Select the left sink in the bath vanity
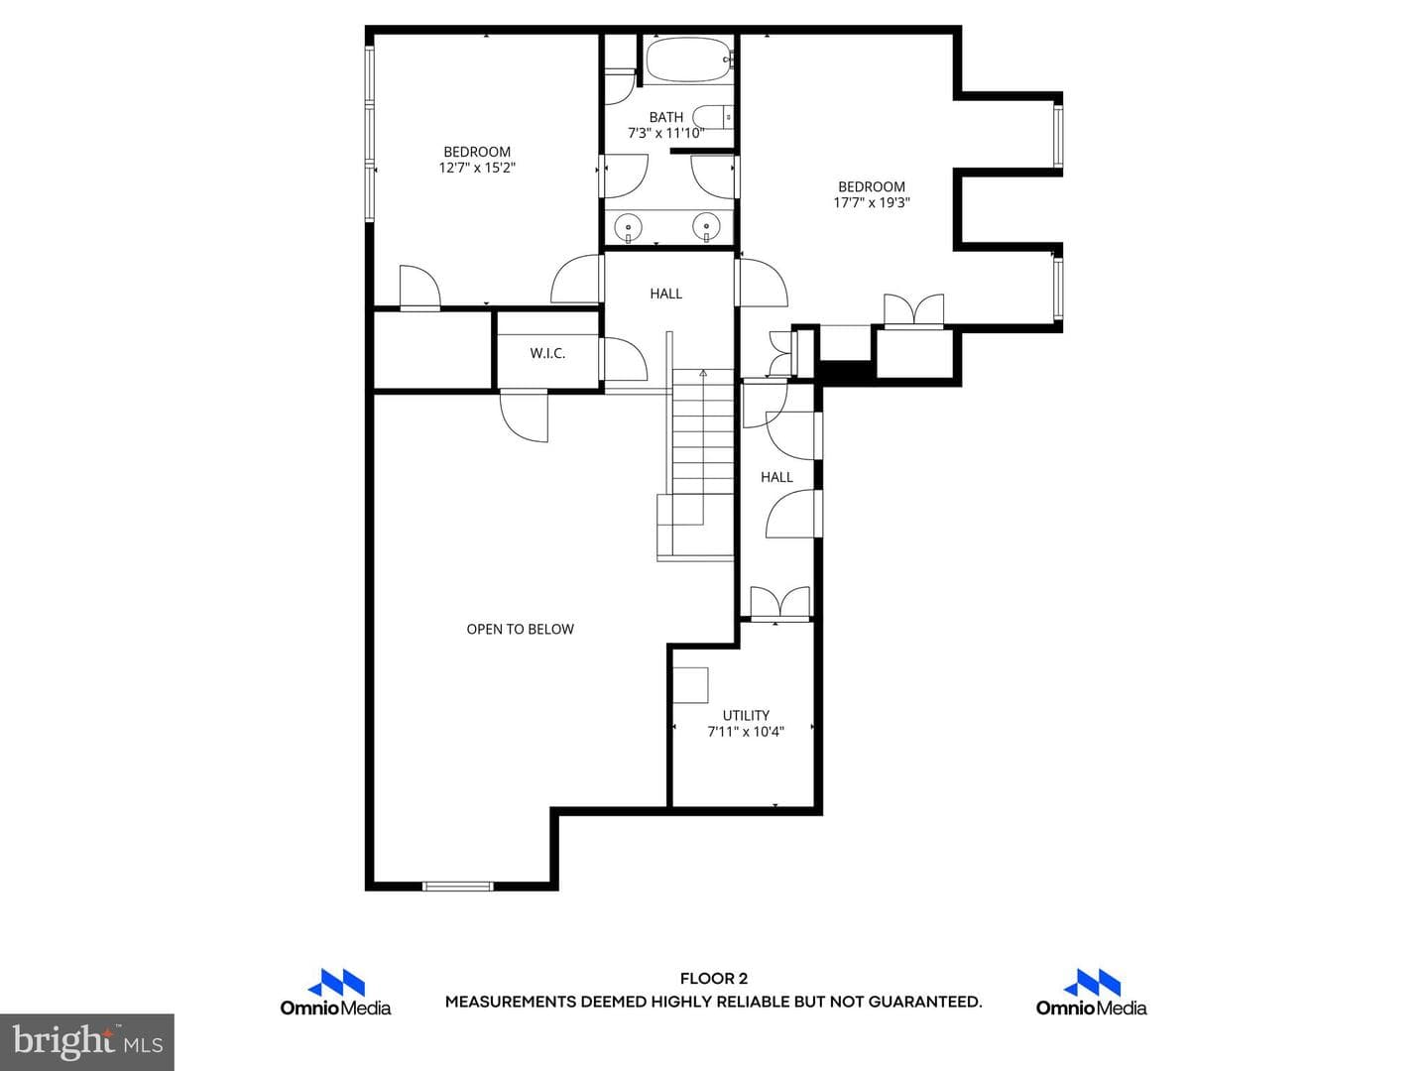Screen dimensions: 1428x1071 click(x=629, y=228)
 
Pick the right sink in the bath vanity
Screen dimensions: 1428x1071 click(x=706, y=228)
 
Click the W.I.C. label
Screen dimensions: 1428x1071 click(x=547, y=353)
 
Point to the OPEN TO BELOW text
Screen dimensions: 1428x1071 click(x=520, y=629)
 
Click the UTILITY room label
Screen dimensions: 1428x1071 click(x=746, y=715)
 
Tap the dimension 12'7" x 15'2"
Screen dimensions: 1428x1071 click(x=477, y=168)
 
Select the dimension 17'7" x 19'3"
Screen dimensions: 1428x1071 click(x=872, y=202)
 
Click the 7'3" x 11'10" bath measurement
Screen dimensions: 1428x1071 click(x=665, y=133)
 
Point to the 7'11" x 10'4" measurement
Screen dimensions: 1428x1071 click(x=746, y=732)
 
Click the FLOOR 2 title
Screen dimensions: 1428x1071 click(x=714, y=979)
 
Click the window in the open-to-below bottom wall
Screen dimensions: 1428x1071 click(x=458, y=886)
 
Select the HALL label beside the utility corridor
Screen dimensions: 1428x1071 click(x=776, y=477)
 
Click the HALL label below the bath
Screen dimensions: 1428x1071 click(x=665, y=294)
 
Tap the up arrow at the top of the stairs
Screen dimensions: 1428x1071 click(x=703, y=374)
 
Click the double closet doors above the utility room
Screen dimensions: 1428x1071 click(x=780, y=602)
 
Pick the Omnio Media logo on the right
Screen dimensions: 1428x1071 click(x=1092, y=993)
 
